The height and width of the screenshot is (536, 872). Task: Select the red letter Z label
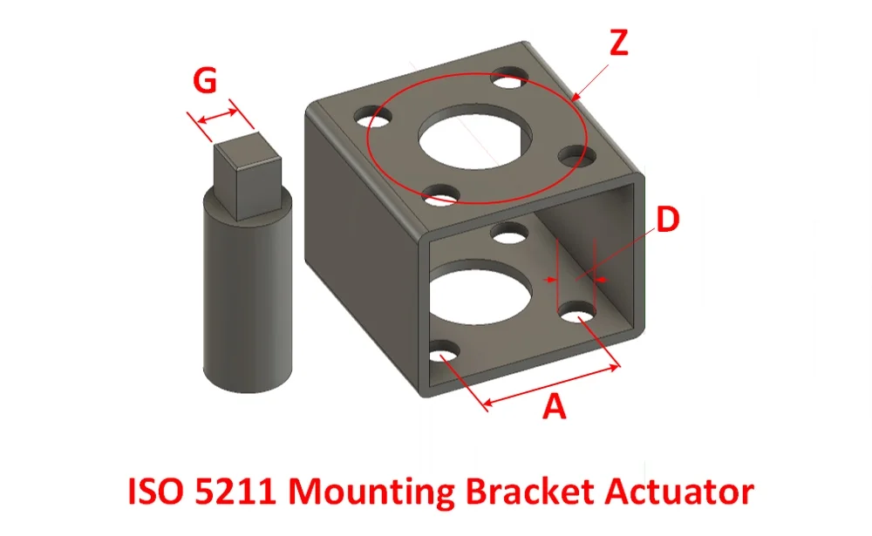tap(617, 44)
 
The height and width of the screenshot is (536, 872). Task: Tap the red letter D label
tap(667, 221)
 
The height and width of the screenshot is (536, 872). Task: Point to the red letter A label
tap(555, 406)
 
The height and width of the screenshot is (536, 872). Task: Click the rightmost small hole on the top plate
tap(571, 156)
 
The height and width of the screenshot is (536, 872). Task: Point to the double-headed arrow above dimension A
tap(552, 384)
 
